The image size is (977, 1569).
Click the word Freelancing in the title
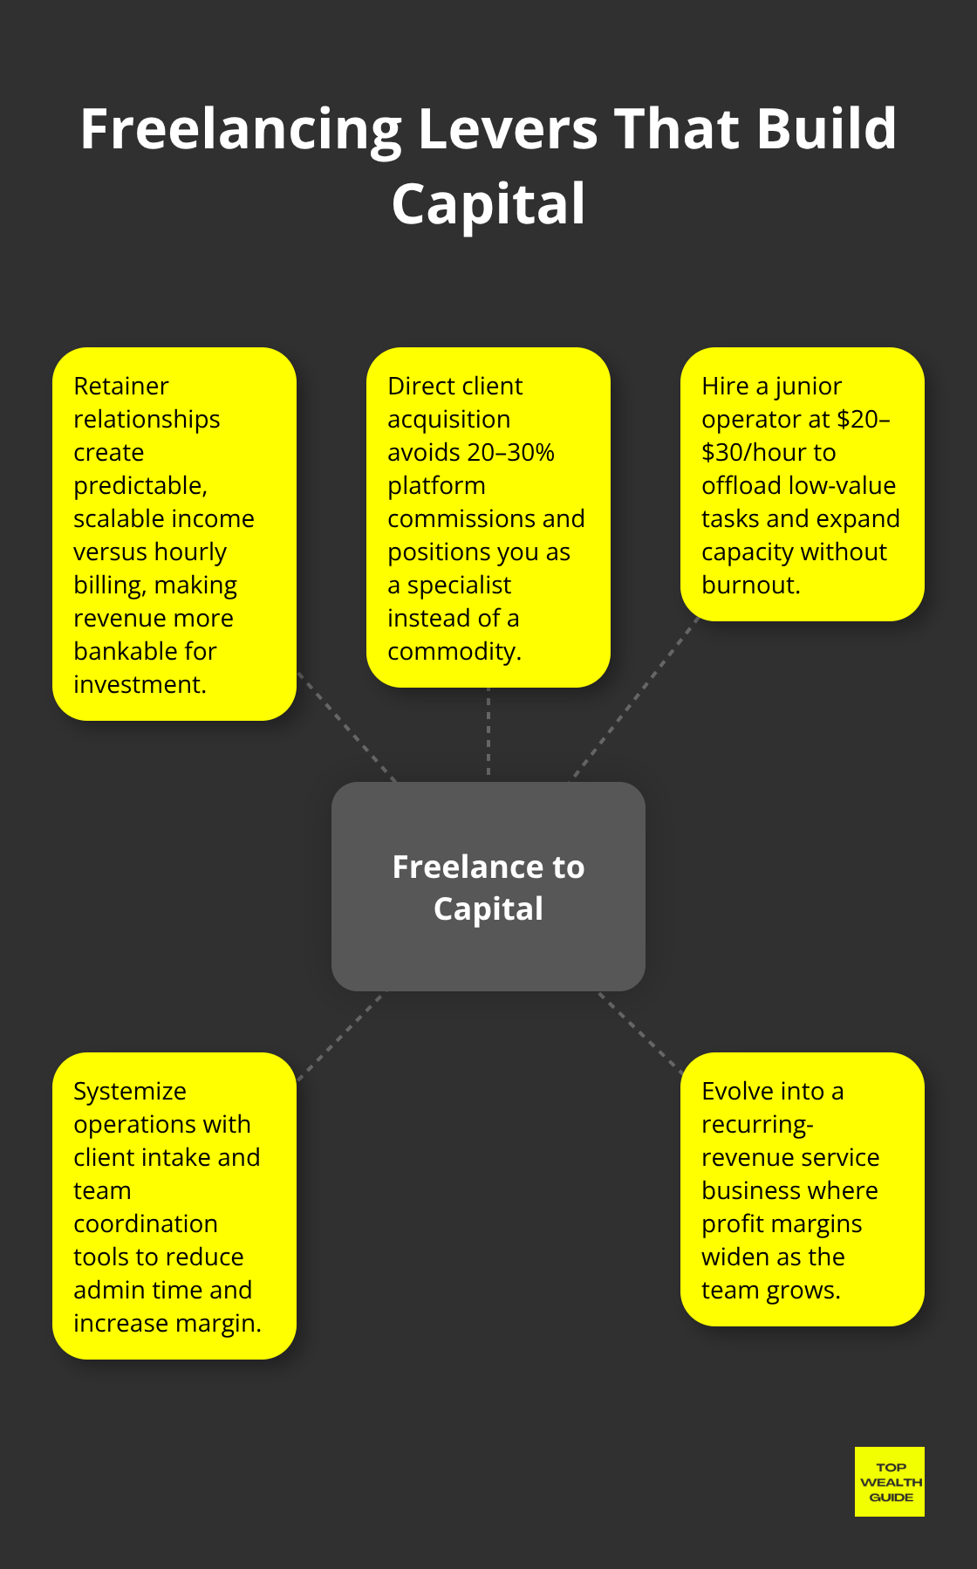tap(241, 130)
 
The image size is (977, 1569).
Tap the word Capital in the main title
tap(488, 205)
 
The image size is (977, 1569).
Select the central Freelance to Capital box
tap(488, 887)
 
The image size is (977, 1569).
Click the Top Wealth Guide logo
tap(889, 1482)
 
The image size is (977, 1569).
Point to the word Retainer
tap(121, 387)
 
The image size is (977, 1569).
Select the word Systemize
tap(130, 1092)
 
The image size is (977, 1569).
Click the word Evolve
tap(738, 1092)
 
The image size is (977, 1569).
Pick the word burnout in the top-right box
tap(749, 586)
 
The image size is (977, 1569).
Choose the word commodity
tap(453, 652)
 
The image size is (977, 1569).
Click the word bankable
tap(120, 652)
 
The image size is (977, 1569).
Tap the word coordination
tap(146, 1224)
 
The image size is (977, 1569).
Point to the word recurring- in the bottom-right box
tap(757, 1125)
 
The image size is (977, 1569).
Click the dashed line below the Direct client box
tap(488, 733)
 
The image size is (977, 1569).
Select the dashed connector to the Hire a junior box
tap(635, 698)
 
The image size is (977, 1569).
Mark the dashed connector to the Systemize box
tap(339, 1037)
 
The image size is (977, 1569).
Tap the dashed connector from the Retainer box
tap(347, 728)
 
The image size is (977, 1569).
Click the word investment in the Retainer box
tap(139, 685)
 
